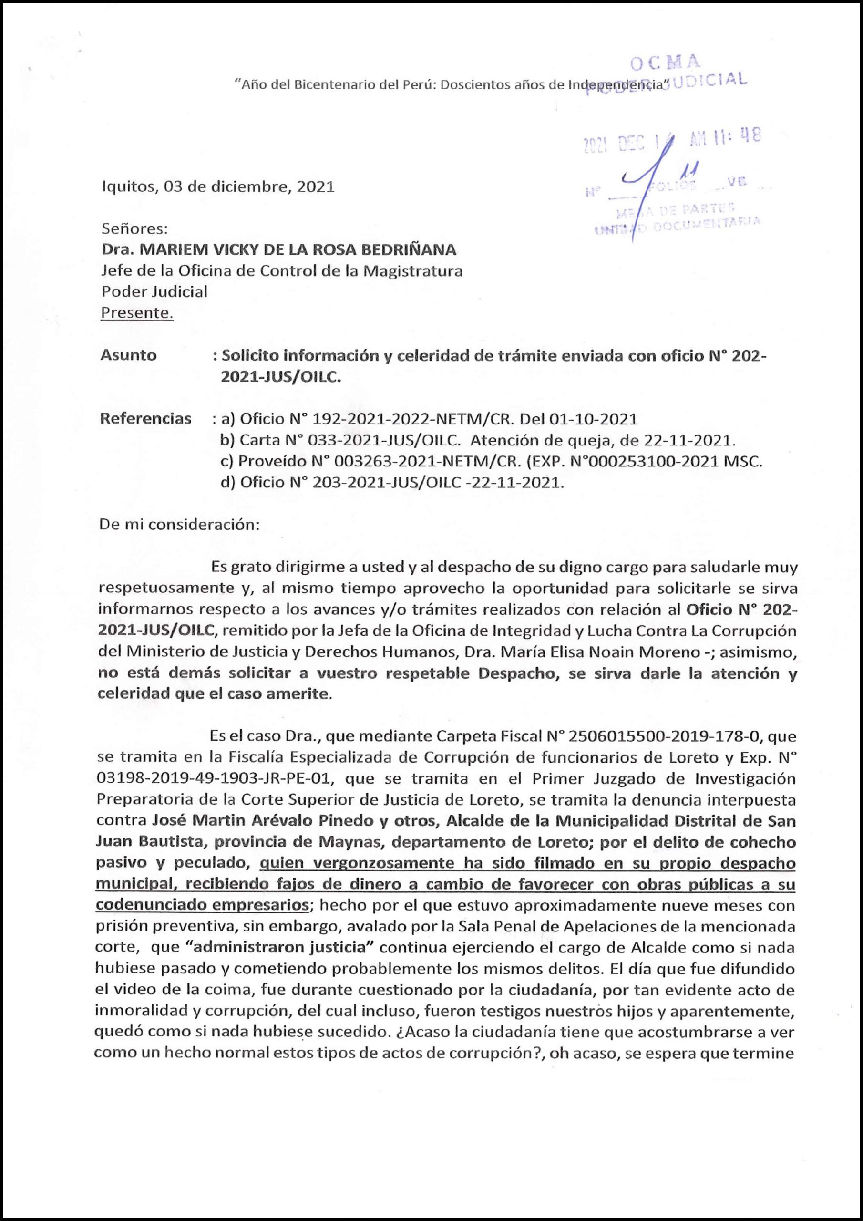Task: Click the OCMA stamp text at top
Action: pos(665,63)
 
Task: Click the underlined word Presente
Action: pos(137,313)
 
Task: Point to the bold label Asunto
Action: pos(128,355)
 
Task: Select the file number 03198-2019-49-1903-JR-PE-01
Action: pos(215,779)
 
